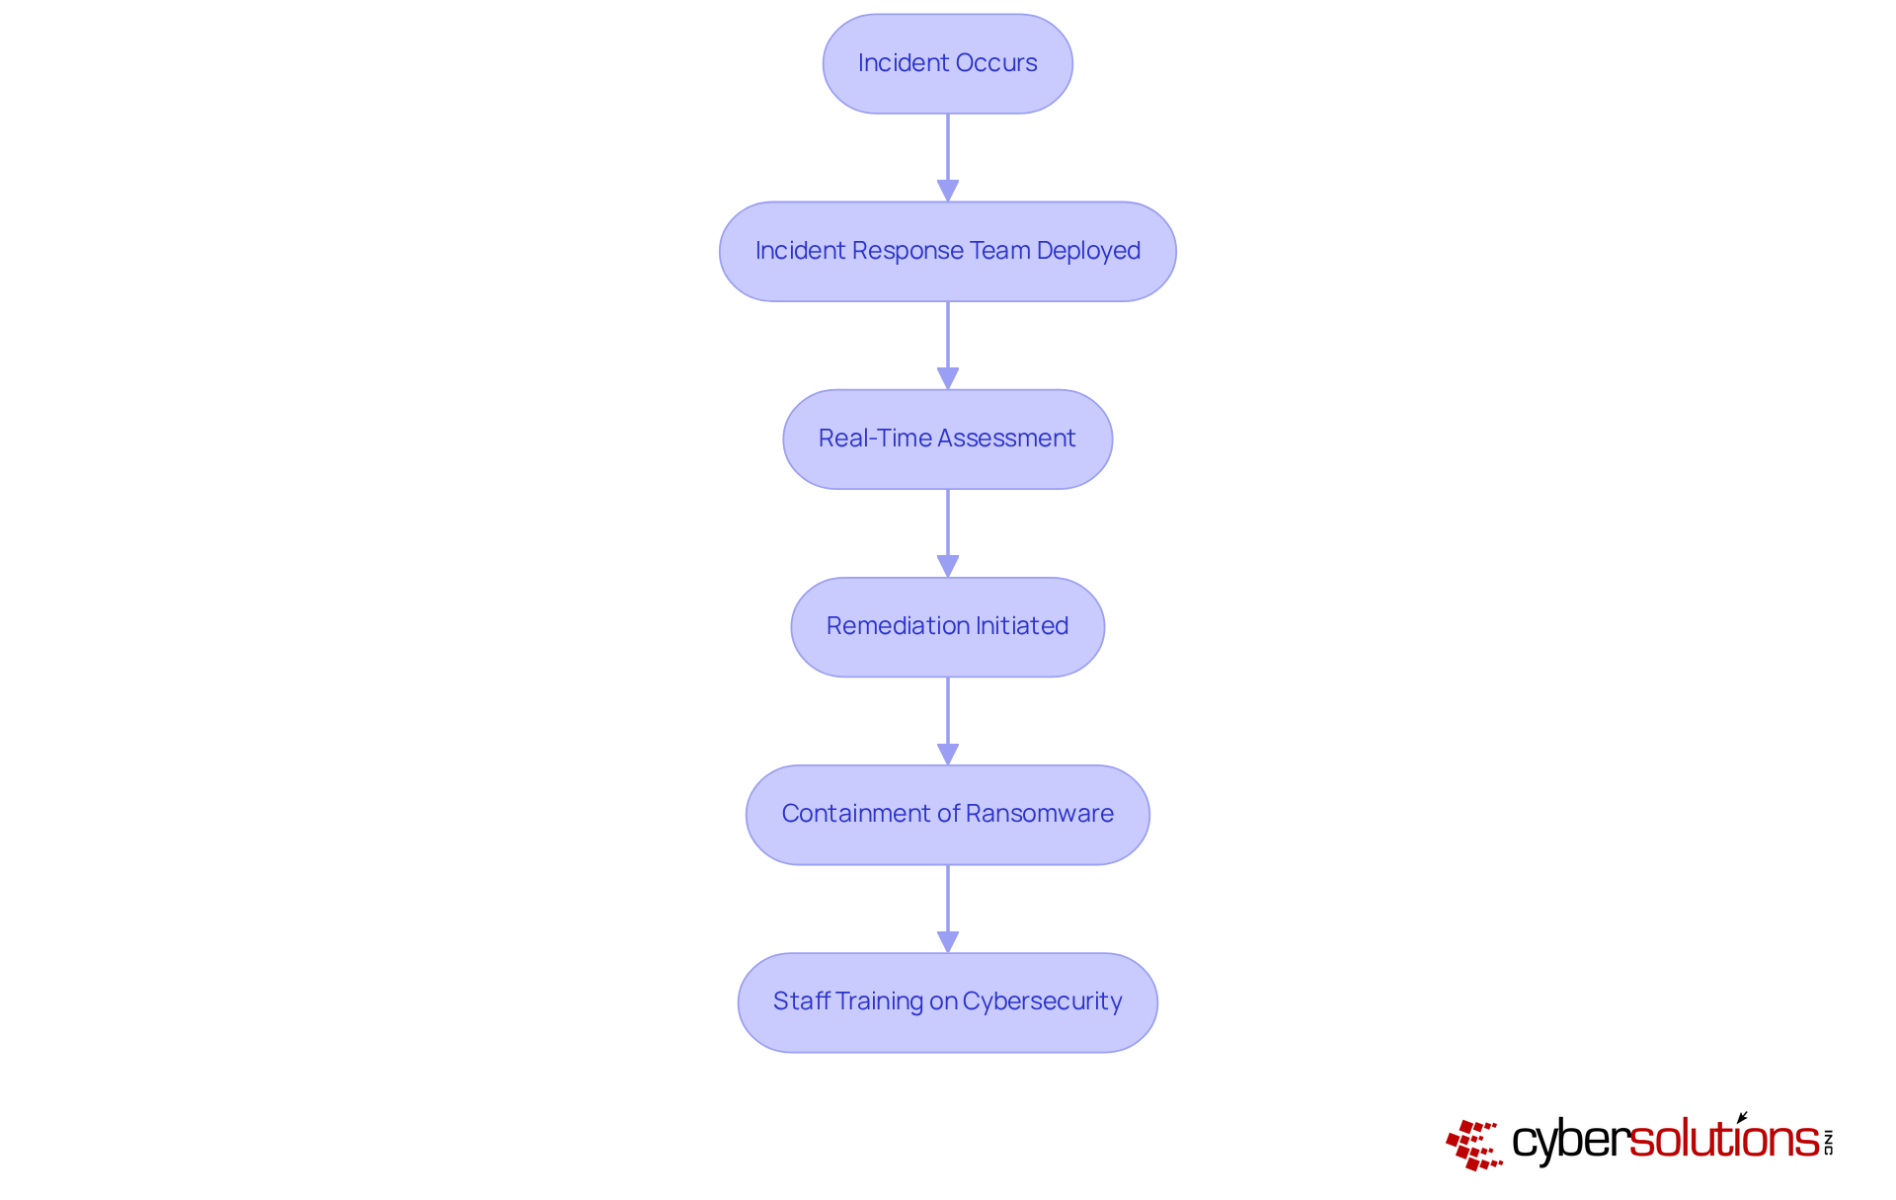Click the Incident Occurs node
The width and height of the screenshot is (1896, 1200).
(x=947, y=63)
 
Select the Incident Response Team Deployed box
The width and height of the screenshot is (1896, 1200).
(x=947, y=251)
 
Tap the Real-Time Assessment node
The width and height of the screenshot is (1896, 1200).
(x=947, y=439)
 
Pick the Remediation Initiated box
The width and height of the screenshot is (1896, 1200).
(x=947, y=626)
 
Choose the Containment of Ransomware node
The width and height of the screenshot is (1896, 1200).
(x=947, y=814)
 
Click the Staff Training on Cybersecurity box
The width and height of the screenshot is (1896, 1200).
(x=947, y=1001)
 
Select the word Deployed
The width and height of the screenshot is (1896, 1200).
(x=1088, y=251)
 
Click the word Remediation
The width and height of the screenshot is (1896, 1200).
(x=898, y=626)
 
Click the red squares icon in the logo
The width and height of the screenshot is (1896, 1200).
(x=1473, y=1145)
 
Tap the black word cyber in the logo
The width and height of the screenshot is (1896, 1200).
(x=1570, y=1141)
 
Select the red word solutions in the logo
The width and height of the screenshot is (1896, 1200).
(x=1724, y=1139)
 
